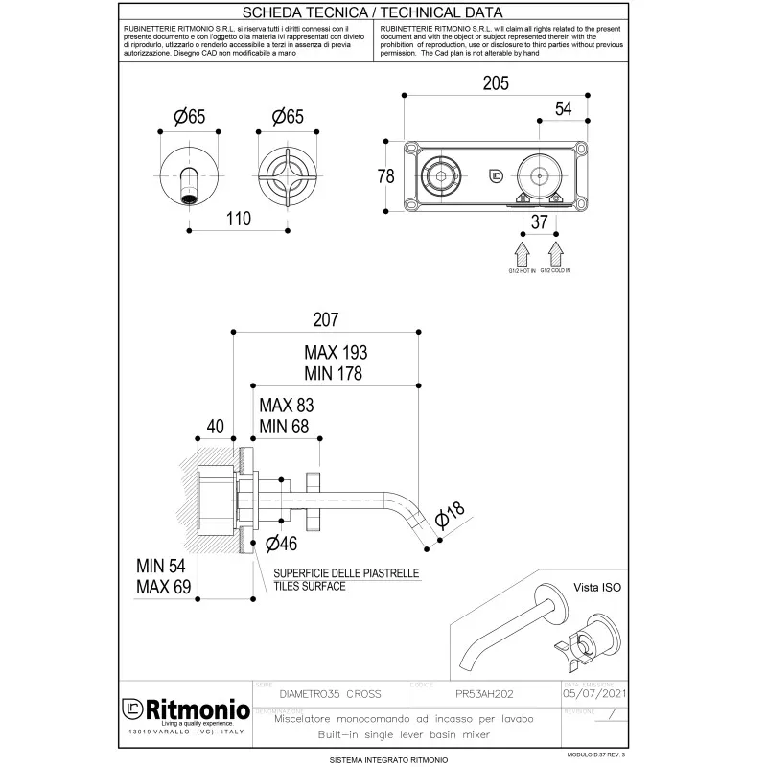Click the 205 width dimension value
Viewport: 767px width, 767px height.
tap(495, 84)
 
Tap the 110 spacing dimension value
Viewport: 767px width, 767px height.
tap(239, 220)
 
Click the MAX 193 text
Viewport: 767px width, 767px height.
tap(336, 352)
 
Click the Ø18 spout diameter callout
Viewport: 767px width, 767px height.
tap(449, 516)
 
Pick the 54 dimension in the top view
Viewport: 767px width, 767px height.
tap(563, 108)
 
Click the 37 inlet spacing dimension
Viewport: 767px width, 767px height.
tap(539, 221)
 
